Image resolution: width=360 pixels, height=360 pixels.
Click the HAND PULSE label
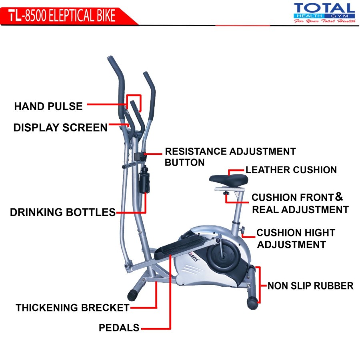[48, 106]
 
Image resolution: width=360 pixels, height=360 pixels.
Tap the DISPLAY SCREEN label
[60, 128]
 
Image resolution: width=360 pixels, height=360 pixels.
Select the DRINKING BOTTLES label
[63, 212]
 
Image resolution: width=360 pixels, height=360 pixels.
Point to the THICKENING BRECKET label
[72, 308]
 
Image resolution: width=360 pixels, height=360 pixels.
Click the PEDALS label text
[119, 328]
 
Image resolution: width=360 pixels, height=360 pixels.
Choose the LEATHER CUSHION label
[291, 170]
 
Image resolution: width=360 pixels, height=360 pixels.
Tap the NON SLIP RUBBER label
[310, 286]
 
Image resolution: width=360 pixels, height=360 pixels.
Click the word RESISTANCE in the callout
[196, 152]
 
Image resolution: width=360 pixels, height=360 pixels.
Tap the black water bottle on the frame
[144, 182]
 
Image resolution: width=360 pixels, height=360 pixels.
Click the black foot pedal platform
[176, 246]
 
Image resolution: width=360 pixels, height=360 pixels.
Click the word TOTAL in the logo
[324, 8]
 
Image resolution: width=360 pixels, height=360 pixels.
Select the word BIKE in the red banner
[102, 15]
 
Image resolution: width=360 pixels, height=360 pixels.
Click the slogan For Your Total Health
[324, 21]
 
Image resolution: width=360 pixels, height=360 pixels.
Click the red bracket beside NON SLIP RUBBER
[259, 285]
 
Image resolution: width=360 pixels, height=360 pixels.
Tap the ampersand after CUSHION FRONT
[339, 197]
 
